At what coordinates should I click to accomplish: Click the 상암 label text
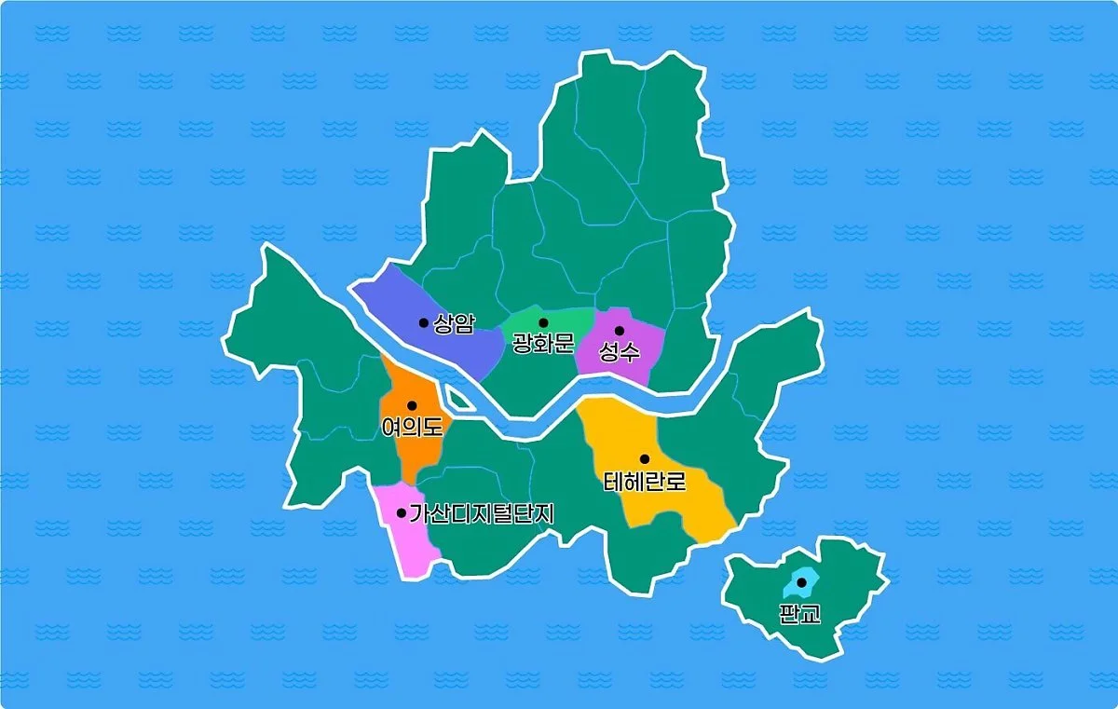click(454, 323)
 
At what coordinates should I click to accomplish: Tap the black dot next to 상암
click(424, 323)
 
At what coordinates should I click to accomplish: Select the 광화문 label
click(543, 344)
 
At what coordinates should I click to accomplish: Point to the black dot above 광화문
click(543, 323)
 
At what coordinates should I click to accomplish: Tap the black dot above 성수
click(620, 331)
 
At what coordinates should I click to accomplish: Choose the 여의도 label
click(412, 427)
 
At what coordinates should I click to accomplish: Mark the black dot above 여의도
click(412, 405)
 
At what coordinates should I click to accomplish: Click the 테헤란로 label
click(644, 482)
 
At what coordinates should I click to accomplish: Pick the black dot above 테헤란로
click(644, 459)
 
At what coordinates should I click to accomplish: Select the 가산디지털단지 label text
click(482, 513)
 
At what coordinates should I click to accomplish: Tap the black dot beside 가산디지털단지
click(402, 513)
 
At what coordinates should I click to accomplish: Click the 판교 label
click(800, 614)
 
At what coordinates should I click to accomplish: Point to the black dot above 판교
click(801, 582)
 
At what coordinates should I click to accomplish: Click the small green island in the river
click(457, 401)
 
